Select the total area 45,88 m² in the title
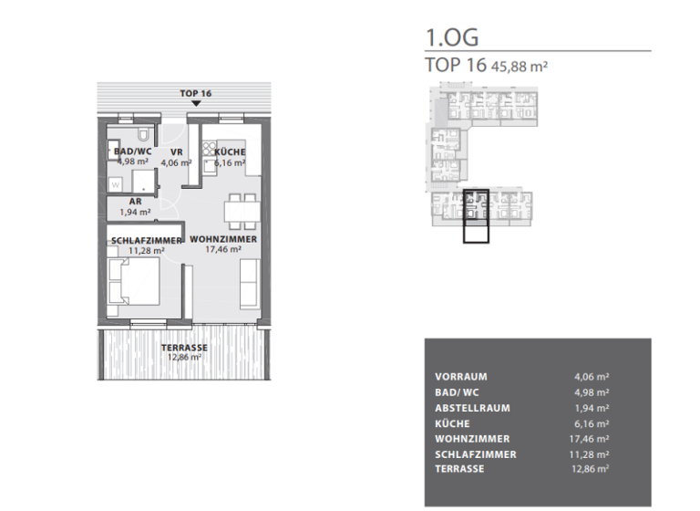point(520,66)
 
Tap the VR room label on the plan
point(177,151)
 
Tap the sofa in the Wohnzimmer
point(249,283)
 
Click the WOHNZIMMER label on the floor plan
point(223,238)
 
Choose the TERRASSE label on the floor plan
point(184,348)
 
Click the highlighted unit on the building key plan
point(476,216)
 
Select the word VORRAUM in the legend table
point(461,376)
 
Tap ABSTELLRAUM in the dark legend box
point(472,408)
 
